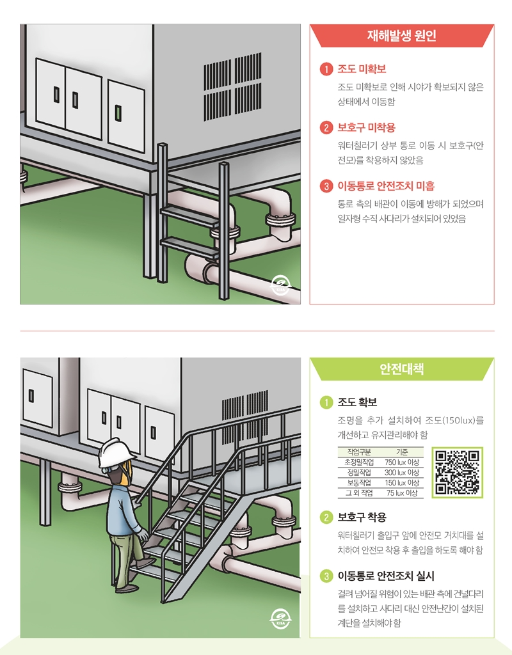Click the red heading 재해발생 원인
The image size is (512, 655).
(x=402, y=36)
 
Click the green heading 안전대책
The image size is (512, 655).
(x=401, y=369)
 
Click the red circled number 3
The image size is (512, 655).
(x=326, y=186)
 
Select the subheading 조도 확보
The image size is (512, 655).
(x=357, y=402)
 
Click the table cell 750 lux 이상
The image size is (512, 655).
(x=401, y=462)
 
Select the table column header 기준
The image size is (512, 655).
(x=402, y=452)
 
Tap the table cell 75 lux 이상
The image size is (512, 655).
(x=401, y=493)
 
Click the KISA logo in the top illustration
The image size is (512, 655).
(x=281, y=284)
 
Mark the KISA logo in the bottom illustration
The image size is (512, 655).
(x=281, y=618)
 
